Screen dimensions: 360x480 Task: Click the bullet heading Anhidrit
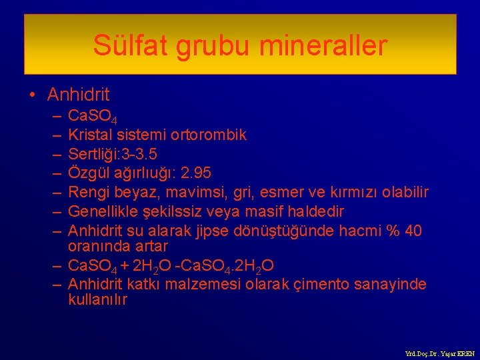tap(79, 95)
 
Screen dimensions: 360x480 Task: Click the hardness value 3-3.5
tap(137, 154)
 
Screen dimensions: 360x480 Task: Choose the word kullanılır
tap(98, 300)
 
